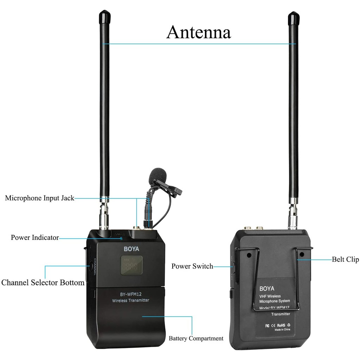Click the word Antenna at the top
[x=198, y=32]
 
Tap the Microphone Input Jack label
[x=39, y=198]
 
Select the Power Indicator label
[x=35, y=237]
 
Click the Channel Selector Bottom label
[x=43, y=282]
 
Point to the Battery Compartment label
[x=196, y=338]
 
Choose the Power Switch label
[x=192, y=266]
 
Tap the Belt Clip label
[x=345, y=259]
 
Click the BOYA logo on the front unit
[x=131, y=249]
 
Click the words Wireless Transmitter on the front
[x=130, y=300]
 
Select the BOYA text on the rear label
[x=266, y=289]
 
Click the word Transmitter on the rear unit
[x=281, y=314]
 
